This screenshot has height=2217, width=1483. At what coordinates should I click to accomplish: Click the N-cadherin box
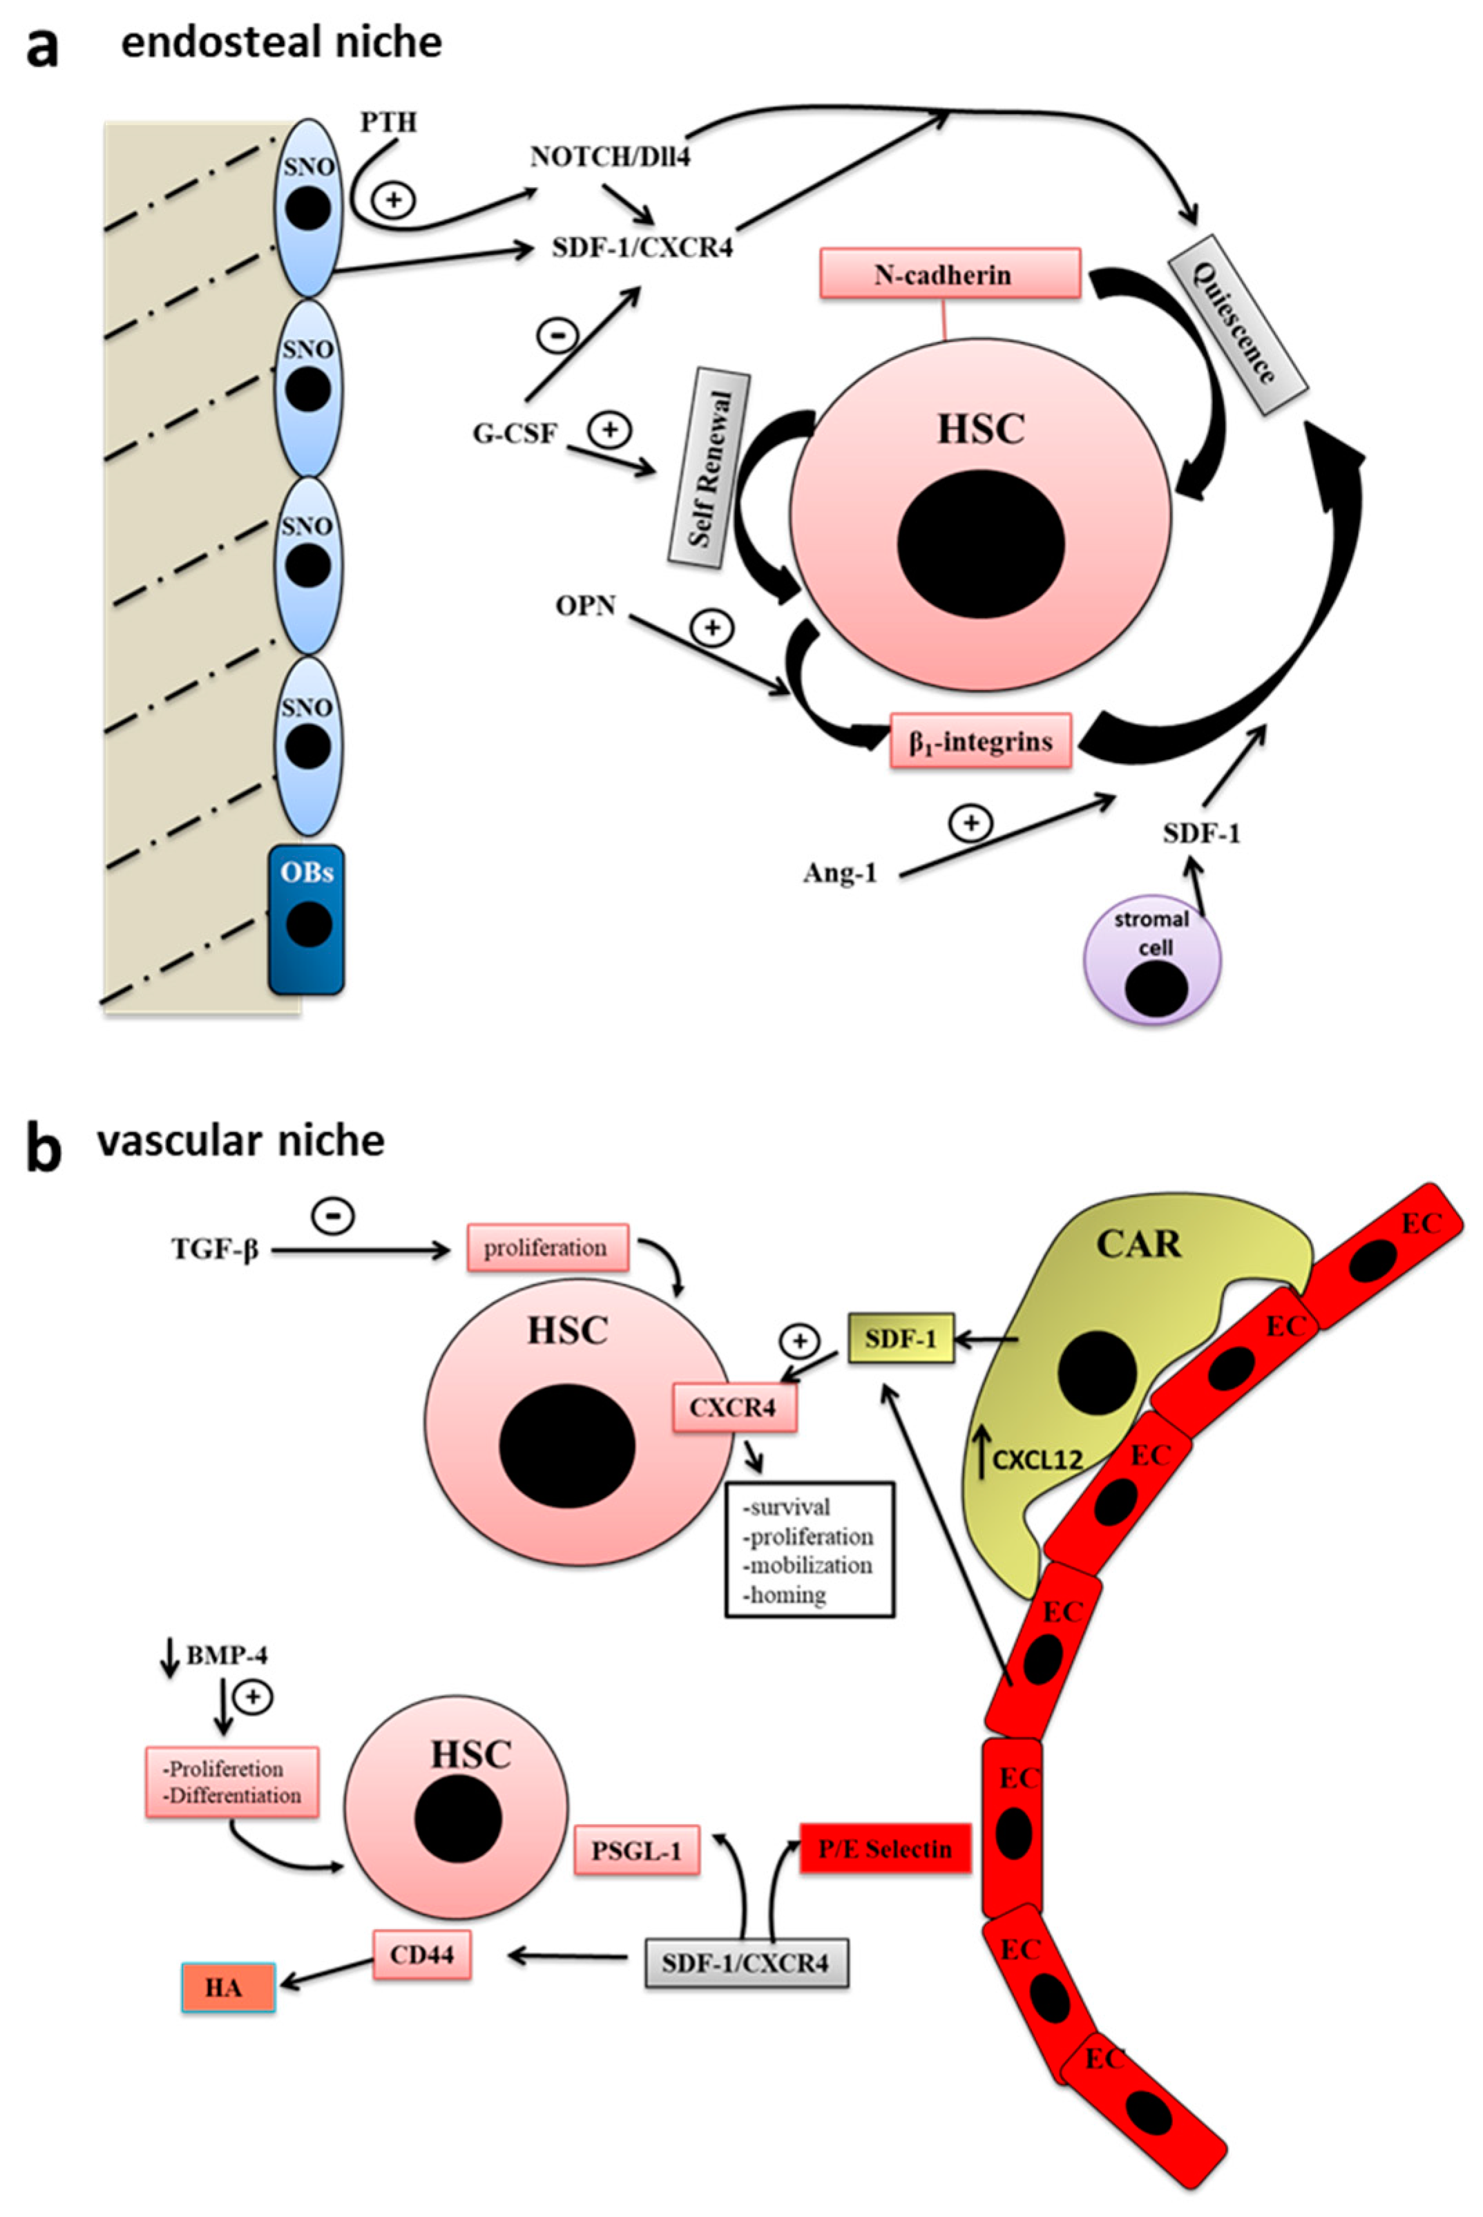point(950,274)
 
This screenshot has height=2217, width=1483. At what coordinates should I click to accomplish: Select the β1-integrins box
point(981,740)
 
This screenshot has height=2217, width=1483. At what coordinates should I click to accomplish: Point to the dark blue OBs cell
point(307,919)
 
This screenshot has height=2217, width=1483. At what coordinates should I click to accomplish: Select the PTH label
point(388,123)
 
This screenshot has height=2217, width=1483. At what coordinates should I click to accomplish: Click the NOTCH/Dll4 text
point(610,156)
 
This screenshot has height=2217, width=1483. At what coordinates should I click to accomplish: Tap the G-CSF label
point(515,434)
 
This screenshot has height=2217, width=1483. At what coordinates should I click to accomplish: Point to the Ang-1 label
point(840,872)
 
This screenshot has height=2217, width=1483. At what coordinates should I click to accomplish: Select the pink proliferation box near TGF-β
point(546,1248)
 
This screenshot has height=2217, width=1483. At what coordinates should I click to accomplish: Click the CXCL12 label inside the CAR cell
point(1037,1461)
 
